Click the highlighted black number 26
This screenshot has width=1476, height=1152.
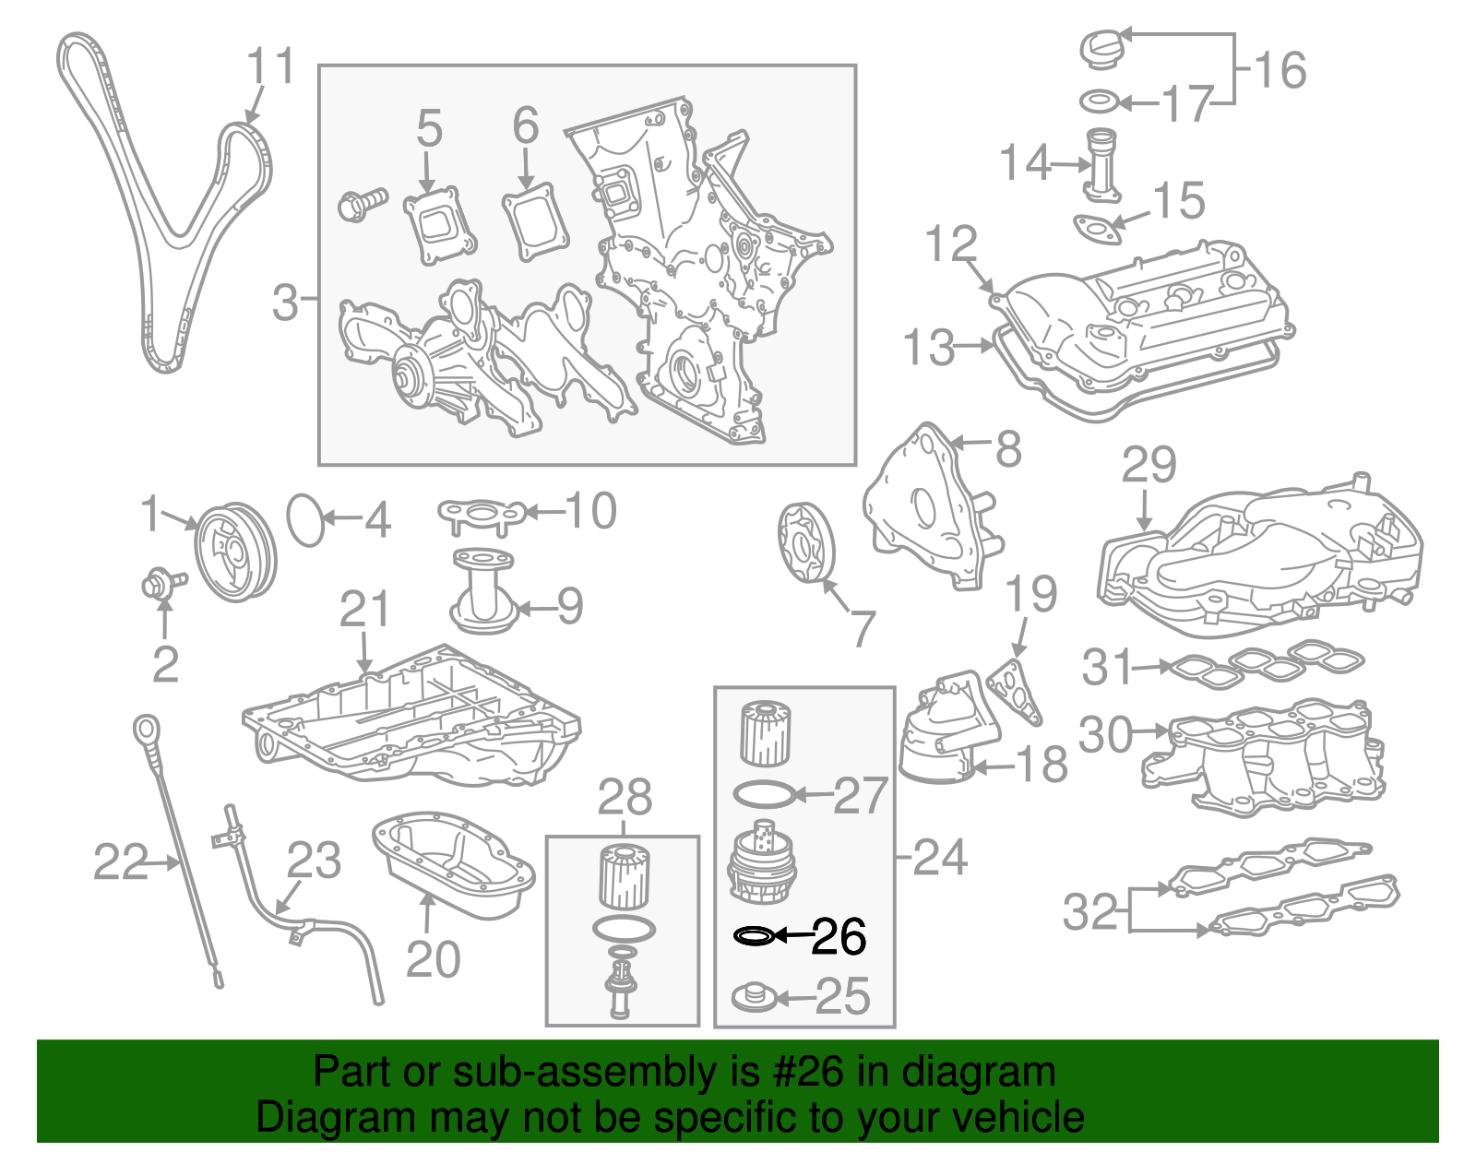point(839,937)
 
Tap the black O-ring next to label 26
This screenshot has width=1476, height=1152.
point(753,937)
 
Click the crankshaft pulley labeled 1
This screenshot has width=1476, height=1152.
point(236,552)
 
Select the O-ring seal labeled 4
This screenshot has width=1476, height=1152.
point(306,520)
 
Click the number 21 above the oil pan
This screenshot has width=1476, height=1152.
point(365,610)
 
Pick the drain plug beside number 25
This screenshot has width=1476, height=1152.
point(754,996)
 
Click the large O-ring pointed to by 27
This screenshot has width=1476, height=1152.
point(763,792)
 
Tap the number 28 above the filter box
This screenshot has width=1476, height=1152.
point(625,798)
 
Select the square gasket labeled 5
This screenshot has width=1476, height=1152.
point(440,227)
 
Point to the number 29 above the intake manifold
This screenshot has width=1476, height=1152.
point(1149,465)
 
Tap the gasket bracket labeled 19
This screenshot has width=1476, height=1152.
point(1015,690)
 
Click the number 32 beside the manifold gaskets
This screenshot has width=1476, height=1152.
point(1089,912)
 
